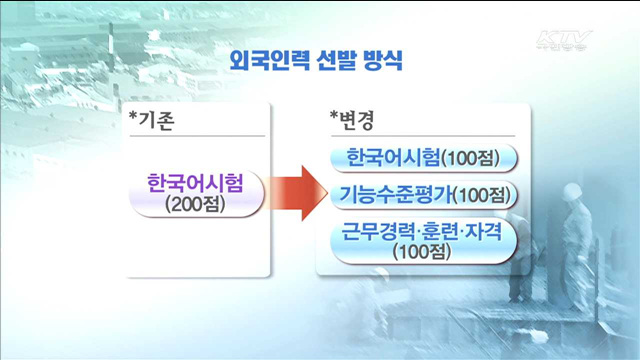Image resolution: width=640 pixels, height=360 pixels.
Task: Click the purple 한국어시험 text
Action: click(194, 184)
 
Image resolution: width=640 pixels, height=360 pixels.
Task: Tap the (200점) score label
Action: click(195, 205)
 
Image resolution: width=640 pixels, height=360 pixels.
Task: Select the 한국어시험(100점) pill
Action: click(419, 158)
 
